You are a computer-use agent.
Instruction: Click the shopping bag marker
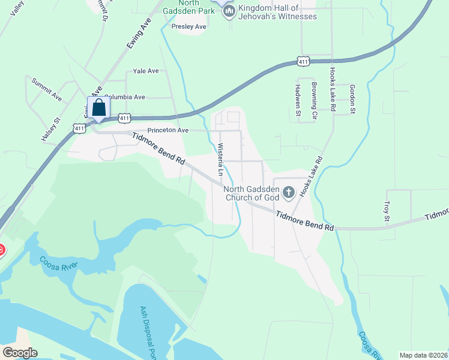pyautogui.click(x=99, y=109)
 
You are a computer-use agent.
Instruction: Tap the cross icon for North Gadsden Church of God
pyautogui.click(x=289, y=193)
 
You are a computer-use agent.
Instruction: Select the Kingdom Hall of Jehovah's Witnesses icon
pyautogui.click(x=228, y=12)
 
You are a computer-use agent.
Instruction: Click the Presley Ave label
pyautogui.click(x=188, y=27)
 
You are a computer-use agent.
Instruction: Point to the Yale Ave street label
pyautogui.click(x=146, y=71)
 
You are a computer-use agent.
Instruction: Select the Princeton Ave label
pyautogui.click(x=168, y=130)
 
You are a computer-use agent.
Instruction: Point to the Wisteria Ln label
pyautogui.click(x=220, y=160)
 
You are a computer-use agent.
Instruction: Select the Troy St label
pyautogui.click(x=387, y=211)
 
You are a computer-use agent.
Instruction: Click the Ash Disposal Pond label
pyautogui.click(x=148, y=333)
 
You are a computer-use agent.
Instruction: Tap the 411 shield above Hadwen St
pyautogui.click(x=303, y=62)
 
